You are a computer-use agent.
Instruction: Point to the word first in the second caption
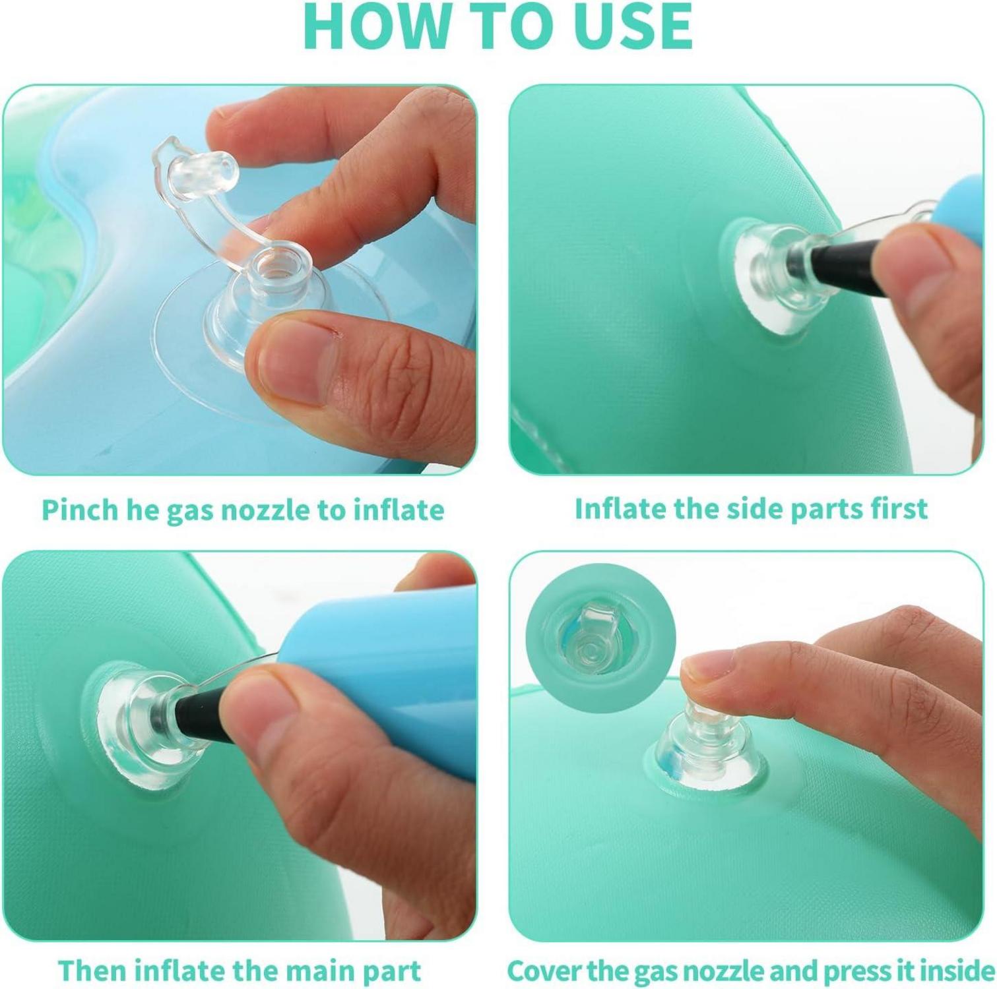click(895, 508)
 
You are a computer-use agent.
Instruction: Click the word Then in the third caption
click(92, 971)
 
